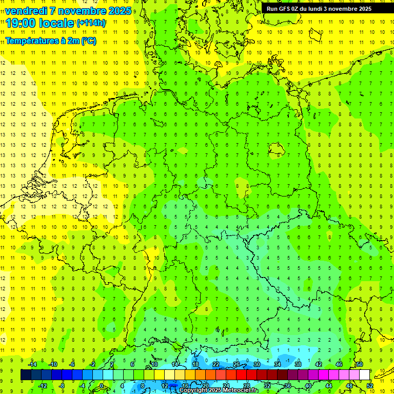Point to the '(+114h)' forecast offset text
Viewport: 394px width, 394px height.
tap(91, 23)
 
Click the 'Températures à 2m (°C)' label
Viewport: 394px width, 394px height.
tap(50, 41)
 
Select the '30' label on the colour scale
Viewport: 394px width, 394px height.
tap(257, 364)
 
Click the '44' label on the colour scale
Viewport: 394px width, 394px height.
tap(329, 385)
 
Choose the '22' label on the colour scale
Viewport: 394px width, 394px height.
tap(216, 364)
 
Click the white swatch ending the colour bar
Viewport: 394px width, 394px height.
tap(365, 375)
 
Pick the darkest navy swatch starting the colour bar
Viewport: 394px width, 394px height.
tap(26, 375)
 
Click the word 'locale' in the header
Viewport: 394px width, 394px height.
tap(55, 23)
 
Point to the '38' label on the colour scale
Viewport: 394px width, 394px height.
tap(298, 364)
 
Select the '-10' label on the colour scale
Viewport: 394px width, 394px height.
tap(52, 364)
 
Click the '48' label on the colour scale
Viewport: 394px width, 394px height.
tap(349, 385)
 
